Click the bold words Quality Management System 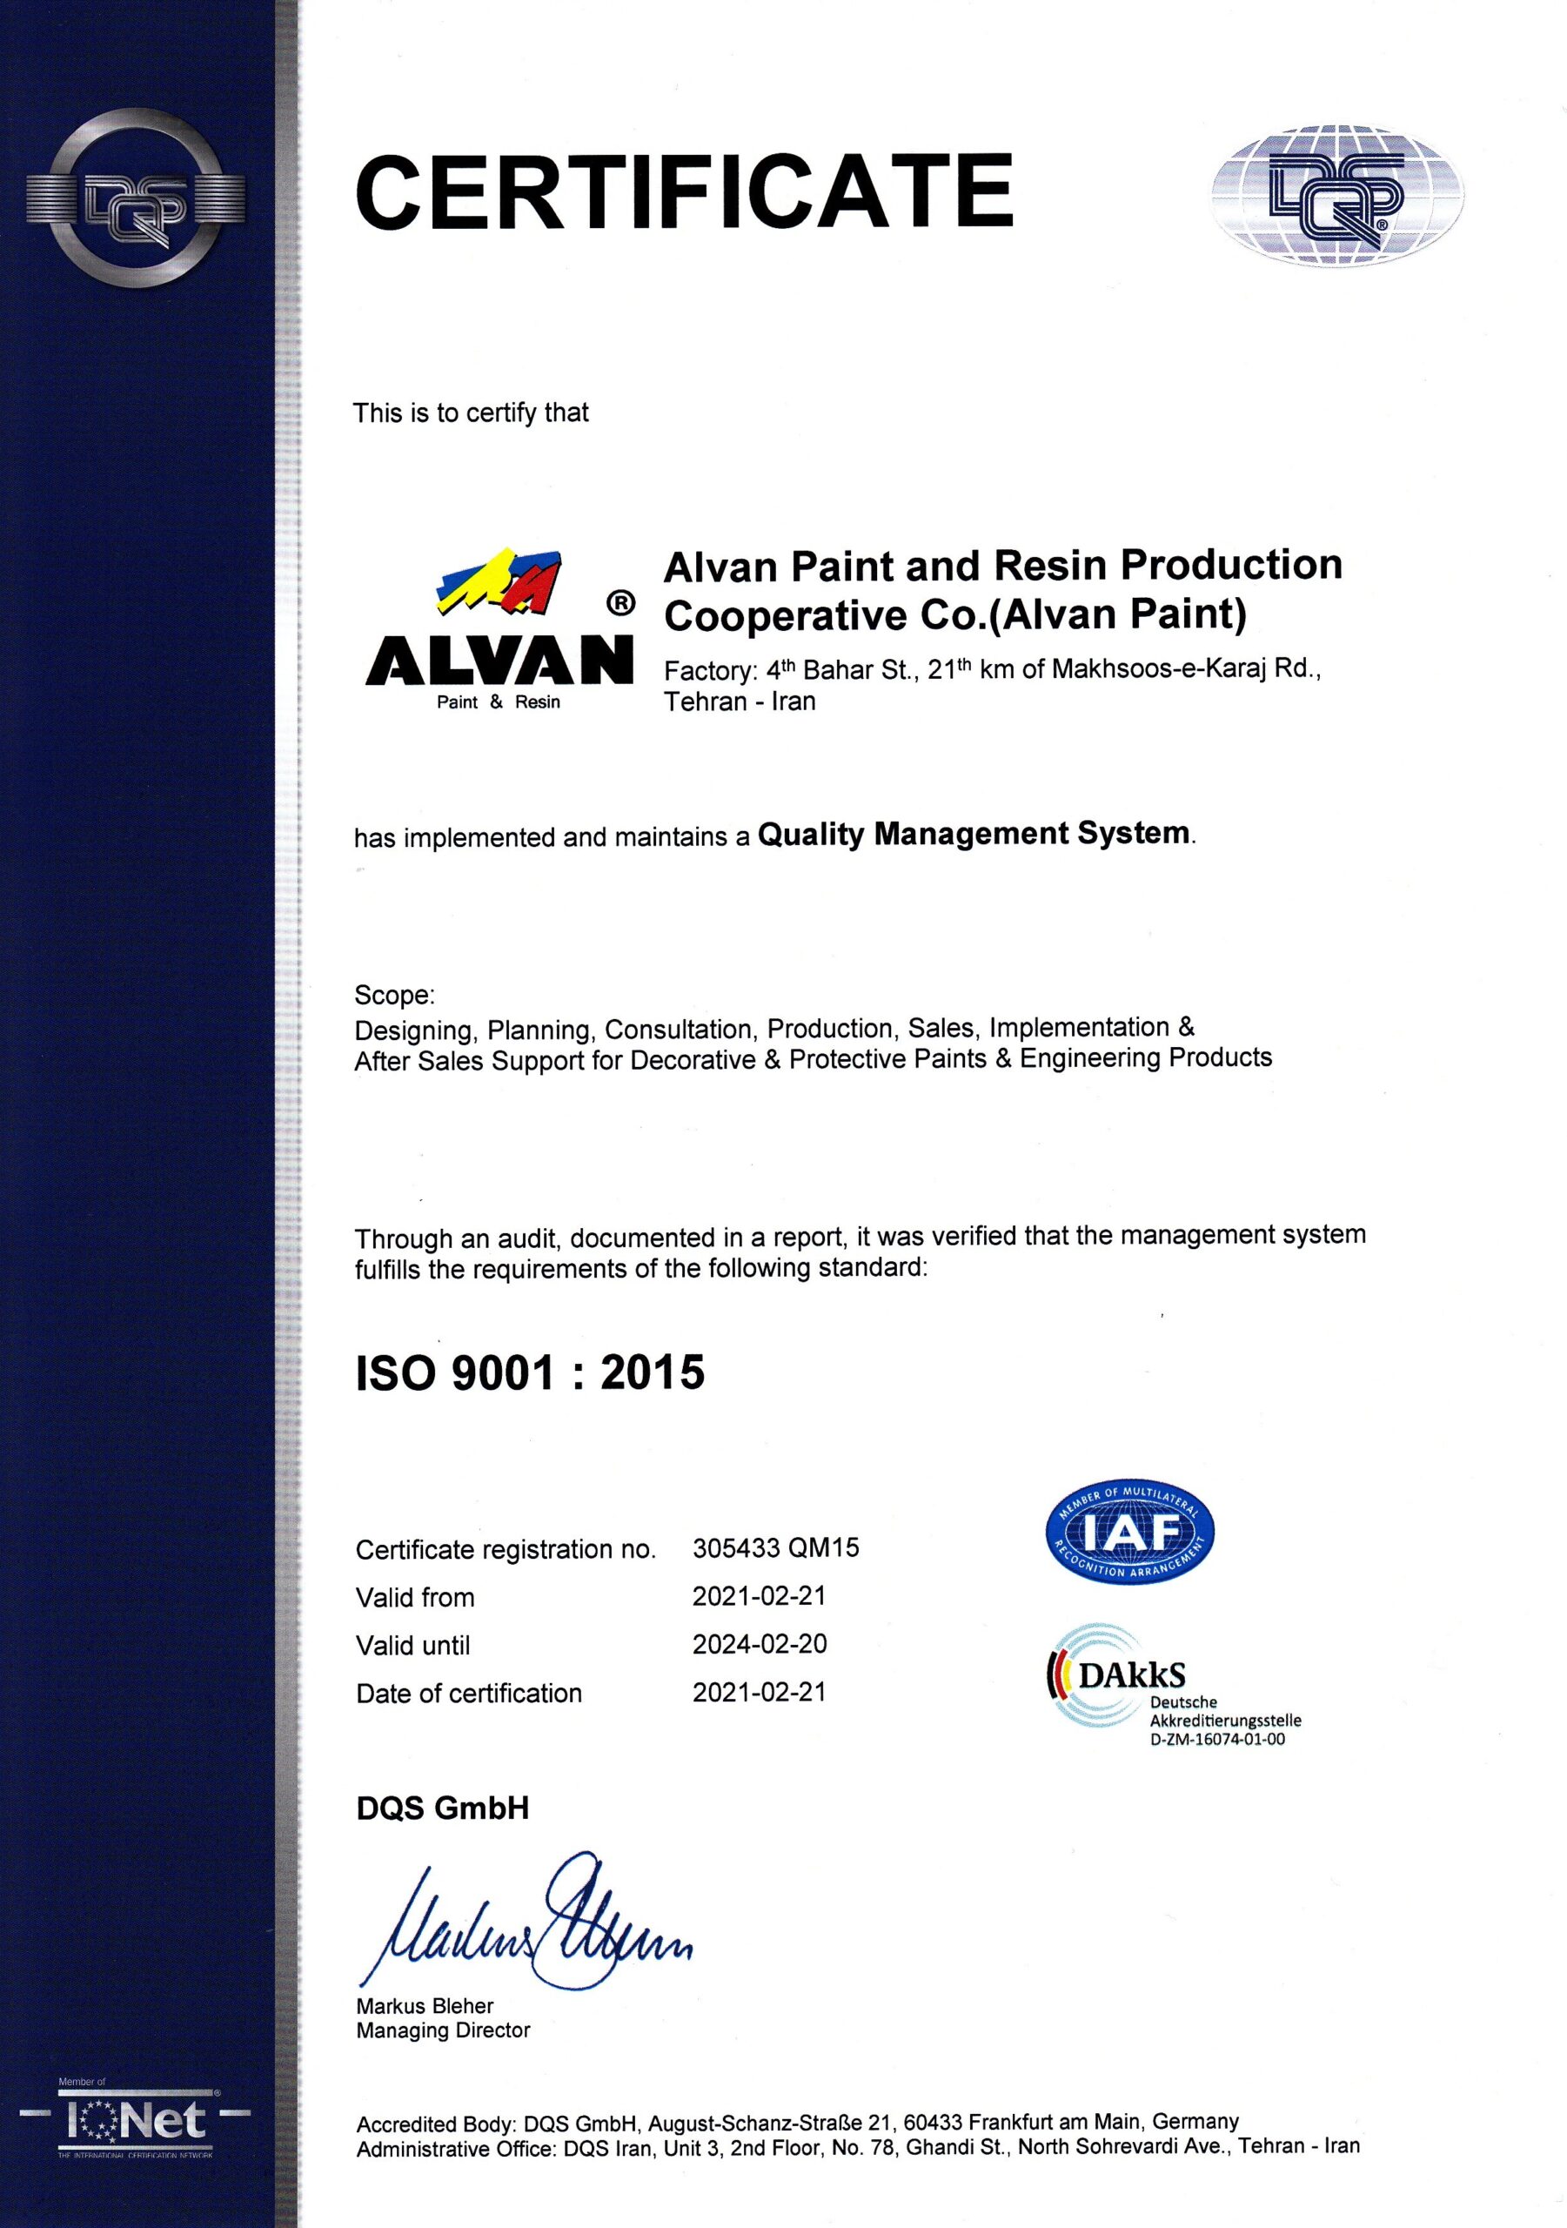pos(974,834)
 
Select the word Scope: pos(394,995)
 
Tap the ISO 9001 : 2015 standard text pos(530,1373)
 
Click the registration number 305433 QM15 pos(775,1547)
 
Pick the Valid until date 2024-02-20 pos(759,1644)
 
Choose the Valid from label pos(415,1597)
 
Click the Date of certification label pos(469,1694)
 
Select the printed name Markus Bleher pos(425,2006)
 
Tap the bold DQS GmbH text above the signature pos(443,1808)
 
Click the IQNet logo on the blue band pos(136,2121)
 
